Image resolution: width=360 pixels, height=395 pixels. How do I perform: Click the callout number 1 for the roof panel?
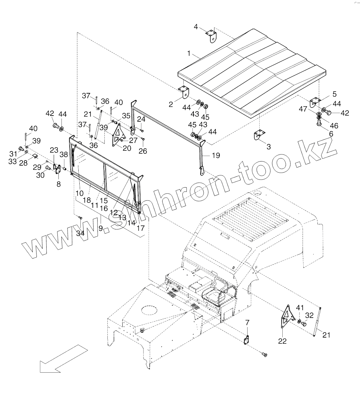coord(189,53)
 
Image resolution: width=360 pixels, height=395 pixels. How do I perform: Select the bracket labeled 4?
coord(212,36)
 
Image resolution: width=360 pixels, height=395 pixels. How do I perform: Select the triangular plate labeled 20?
coord(118,135)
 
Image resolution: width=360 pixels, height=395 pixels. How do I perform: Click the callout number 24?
coord(141,119)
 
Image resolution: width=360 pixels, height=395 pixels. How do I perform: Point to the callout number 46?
coord(334,126)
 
